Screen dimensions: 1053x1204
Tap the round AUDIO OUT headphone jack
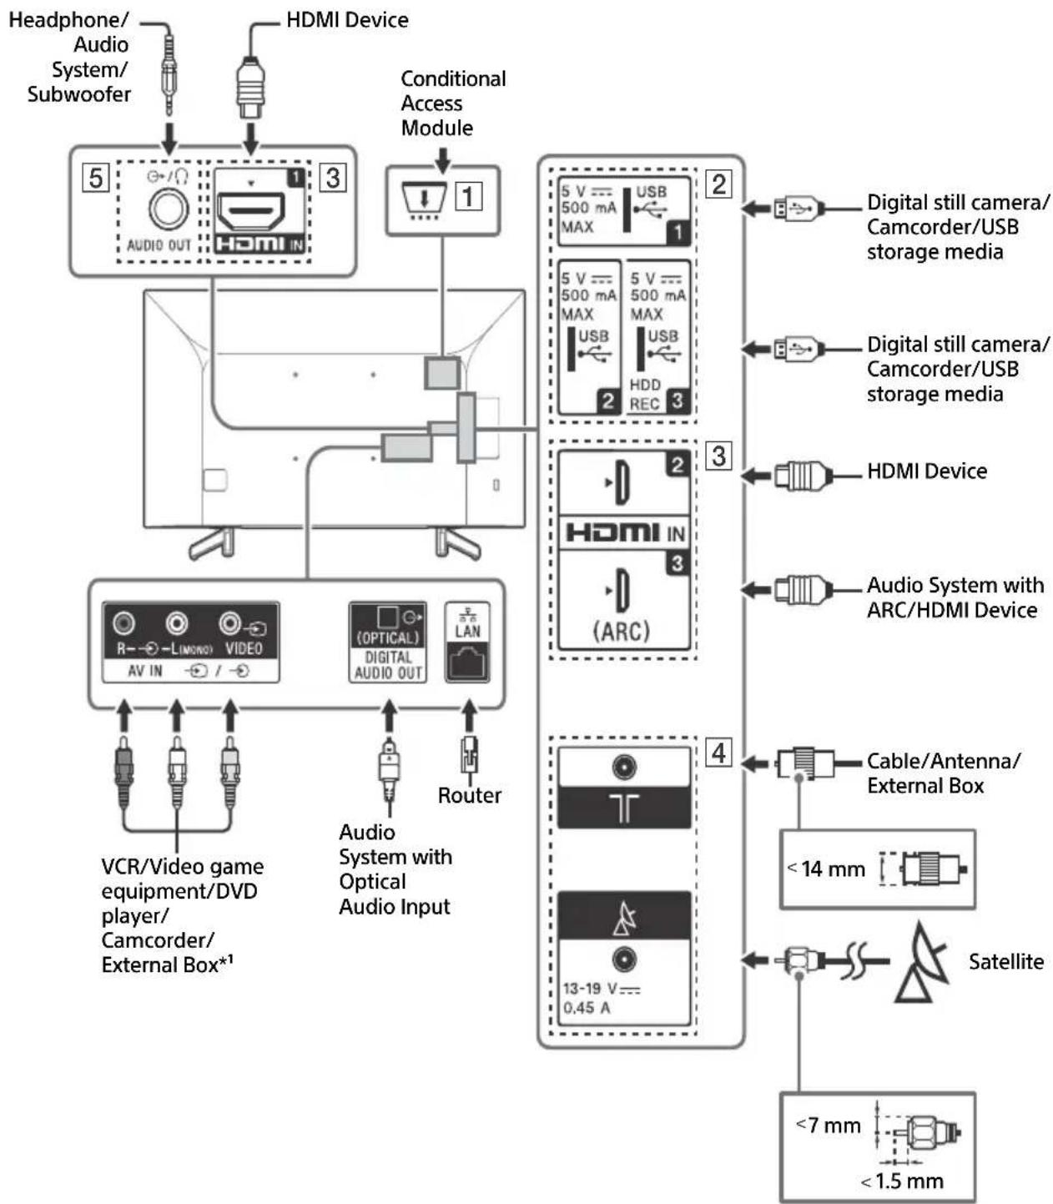click(169, 209)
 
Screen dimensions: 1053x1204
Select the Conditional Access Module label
click(453, 103)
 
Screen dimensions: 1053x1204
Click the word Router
click(469, 795)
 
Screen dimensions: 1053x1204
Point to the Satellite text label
click(1006, 961)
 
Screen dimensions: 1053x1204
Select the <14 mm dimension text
click(827, 869)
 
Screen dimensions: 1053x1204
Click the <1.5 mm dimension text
click(902, 1181)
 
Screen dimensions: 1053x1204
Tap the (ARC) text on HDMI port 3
click(622, 631)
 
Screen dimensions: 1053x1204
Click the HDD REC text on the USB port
click(645, 395)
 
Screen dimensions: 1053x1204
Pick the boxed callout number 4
click(718, 753)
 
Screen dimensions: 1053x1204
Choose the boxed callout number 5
click(95, 178)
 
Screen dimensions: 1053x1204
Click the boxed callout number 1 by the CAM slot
click(468, 196)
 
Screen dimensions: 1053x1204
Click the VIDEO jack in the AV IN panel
click(230, 623)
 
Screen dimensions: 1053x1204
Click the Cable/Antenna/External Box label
click(943, 773)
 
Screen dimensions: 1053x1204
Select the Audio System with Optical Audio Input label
click(395, 869)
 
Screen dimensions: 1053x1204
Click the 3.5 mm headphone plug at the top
click(169, 73)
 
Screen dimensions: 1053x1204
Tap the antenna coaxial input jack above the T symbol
click(623, 767)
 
